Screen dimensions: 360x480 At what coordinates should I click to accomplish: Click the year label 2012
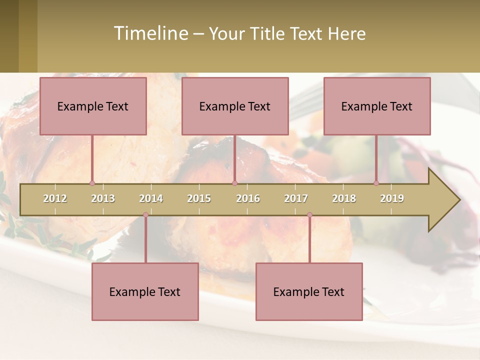pos(55,198)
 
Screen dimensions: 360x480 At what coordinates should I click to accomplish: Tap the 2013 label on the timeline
pos(103,198)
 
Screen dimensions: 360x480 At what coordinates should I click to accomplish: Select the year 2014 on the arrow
pos(151,198)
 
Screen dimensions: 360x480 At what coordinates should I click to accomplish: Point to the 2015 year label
pos(199,198)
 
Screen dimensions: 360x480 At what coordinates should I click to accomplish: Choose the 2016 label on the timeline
pos(248,198)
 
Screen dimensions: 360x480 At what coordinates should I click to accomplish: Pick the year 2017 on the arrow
pos(296,198)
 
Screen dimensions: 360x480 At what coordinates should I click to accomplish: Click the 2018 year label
pos(344,198)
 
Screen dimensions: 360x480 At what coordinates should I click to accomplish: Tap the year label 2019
pos(392,198)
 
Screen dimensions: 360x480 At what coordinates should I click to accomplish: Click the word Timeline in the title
pos(150,33)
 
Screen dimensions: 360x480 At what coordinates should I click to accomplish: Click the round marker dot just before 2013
pos(92,183)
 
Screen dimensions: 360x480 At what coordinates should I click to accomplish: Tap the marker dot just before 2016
pos(235,183)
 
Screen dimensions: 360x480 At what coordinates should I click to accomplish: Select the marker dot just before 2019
pos(376,183)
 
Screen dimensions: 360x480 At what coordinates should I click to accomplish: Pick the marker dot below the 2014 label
pos(145,215)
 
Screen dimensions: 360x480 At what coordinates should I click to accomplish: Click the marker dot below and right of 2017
pos(309,215)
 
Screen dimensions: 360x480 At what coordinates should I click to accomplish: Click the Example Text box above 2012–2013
pos(93,106)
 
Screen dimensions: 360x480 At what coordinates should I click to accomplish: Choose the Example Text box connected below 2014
pos(145,292)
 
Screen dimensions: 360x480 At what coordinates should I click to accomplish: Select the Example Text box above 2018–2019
pos(377,106)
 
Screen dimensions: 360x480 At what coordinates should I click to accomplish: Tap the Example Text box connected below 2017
pos(309,292)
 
